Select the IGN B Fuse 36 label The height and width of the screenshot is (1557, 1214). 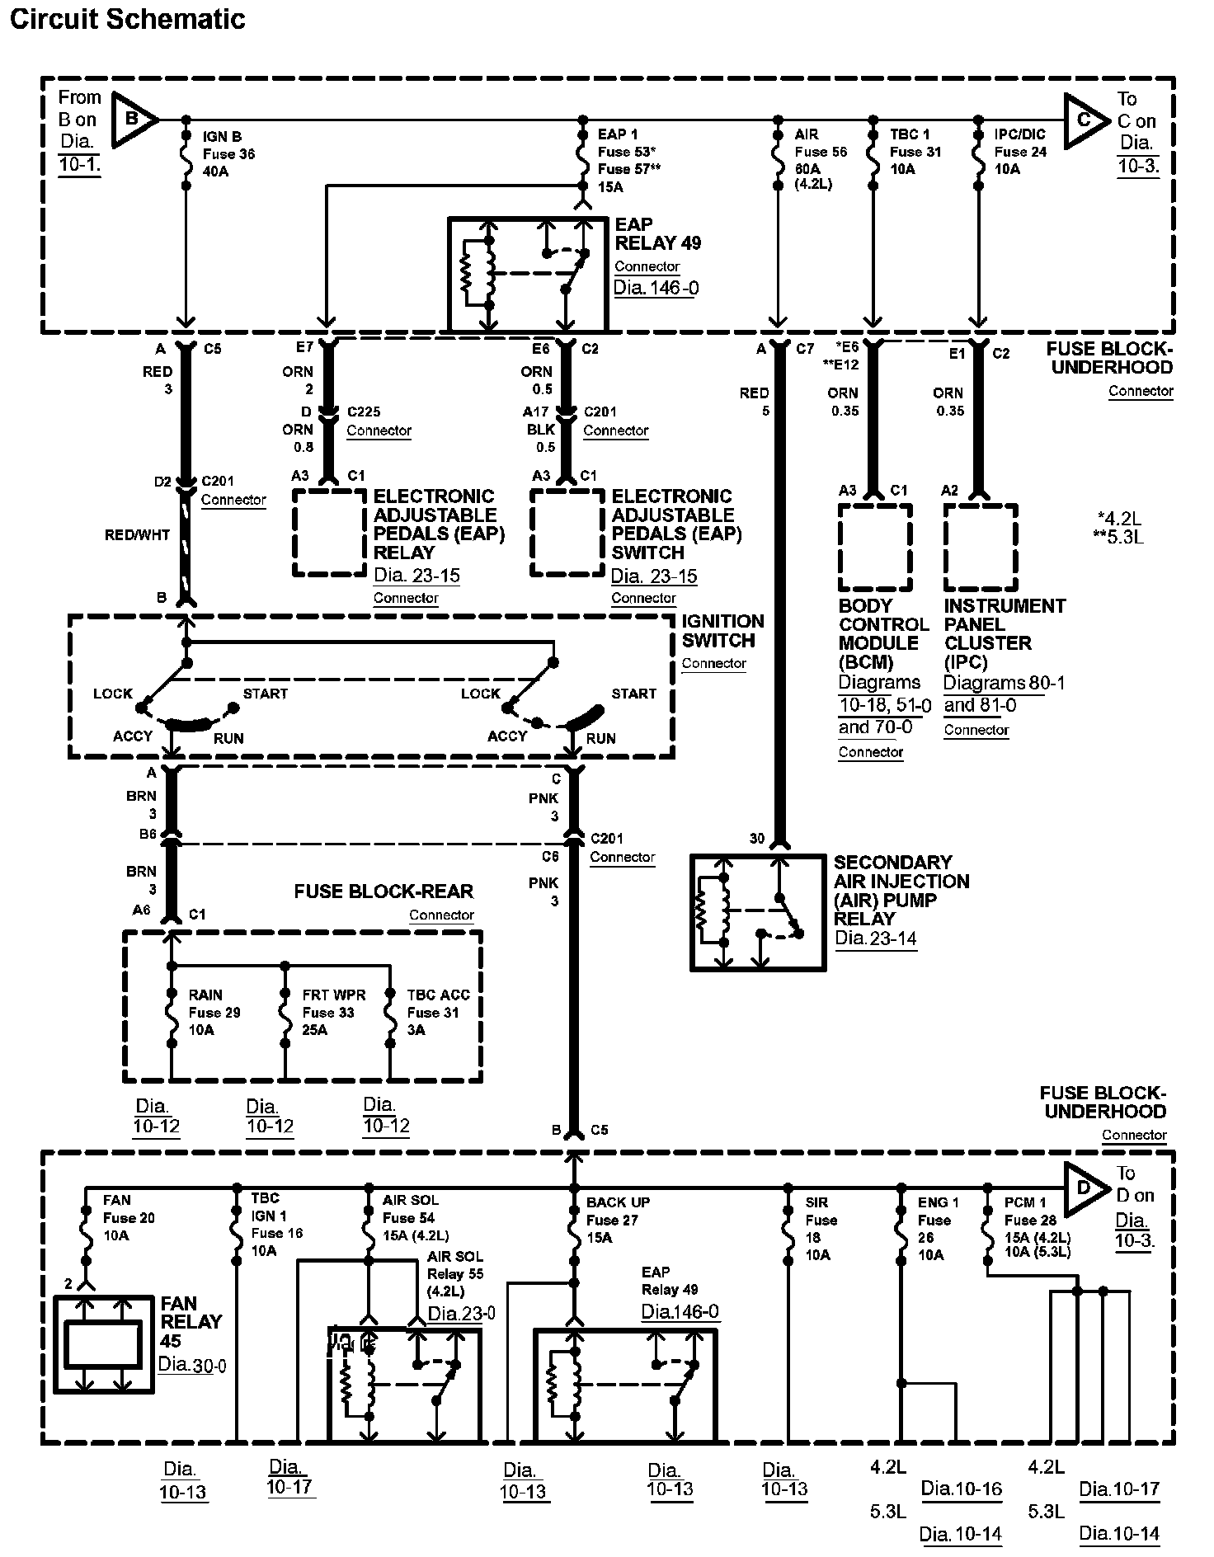coord(228,153)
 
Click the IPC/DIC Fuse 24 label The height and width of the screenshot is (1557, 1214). coord(1019,152)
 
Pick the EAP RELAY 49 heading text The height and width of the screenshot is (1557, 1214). coord(657,234)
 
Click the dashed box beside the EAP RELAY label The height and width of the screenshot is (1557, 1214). coord(329,533)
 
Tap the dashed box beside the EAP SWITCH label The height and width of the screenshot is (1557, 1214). coord(567,533)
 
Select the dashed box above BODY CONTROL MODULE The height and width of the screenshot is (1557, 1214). coord(875,548)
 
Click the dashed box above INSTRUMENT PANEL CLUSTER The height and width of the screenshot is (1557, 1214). coord(980,548)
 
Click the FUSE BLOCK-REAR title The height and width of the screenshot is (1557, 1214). coord(383,891)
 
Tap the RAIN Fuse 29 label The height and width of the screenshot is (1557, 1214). coord(214,1012)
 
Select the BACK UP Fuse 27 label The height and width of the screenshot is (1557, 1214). coord(618,1220)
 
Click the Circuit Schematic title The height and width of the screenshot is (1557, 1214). coord(127,20)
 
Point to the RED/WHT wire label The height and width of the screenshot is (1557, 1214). coord(137,535)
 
